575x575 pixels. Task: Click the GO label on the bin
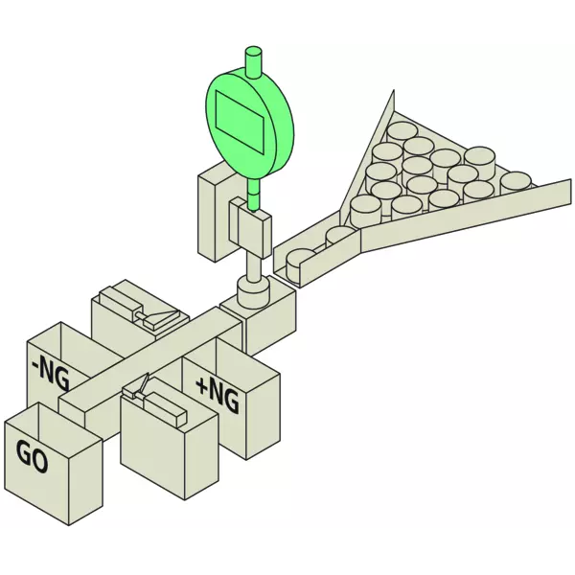[32, 456]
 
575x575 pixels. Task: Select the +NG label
[218, 395]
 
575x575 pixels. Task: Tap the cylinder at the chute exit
[300, 264]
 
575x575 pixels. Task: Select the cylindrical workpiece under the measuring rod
[254, 290]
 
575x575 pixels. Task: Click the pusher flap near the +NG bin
[142, 384]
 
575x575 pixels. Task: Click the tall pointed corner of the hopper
[393, 90]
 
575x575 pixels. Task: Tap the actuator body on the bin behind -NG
[121, 298]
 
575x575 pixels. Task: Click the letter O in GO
[40, 461]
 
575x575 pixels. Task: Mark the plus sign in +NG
[202, 386]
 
